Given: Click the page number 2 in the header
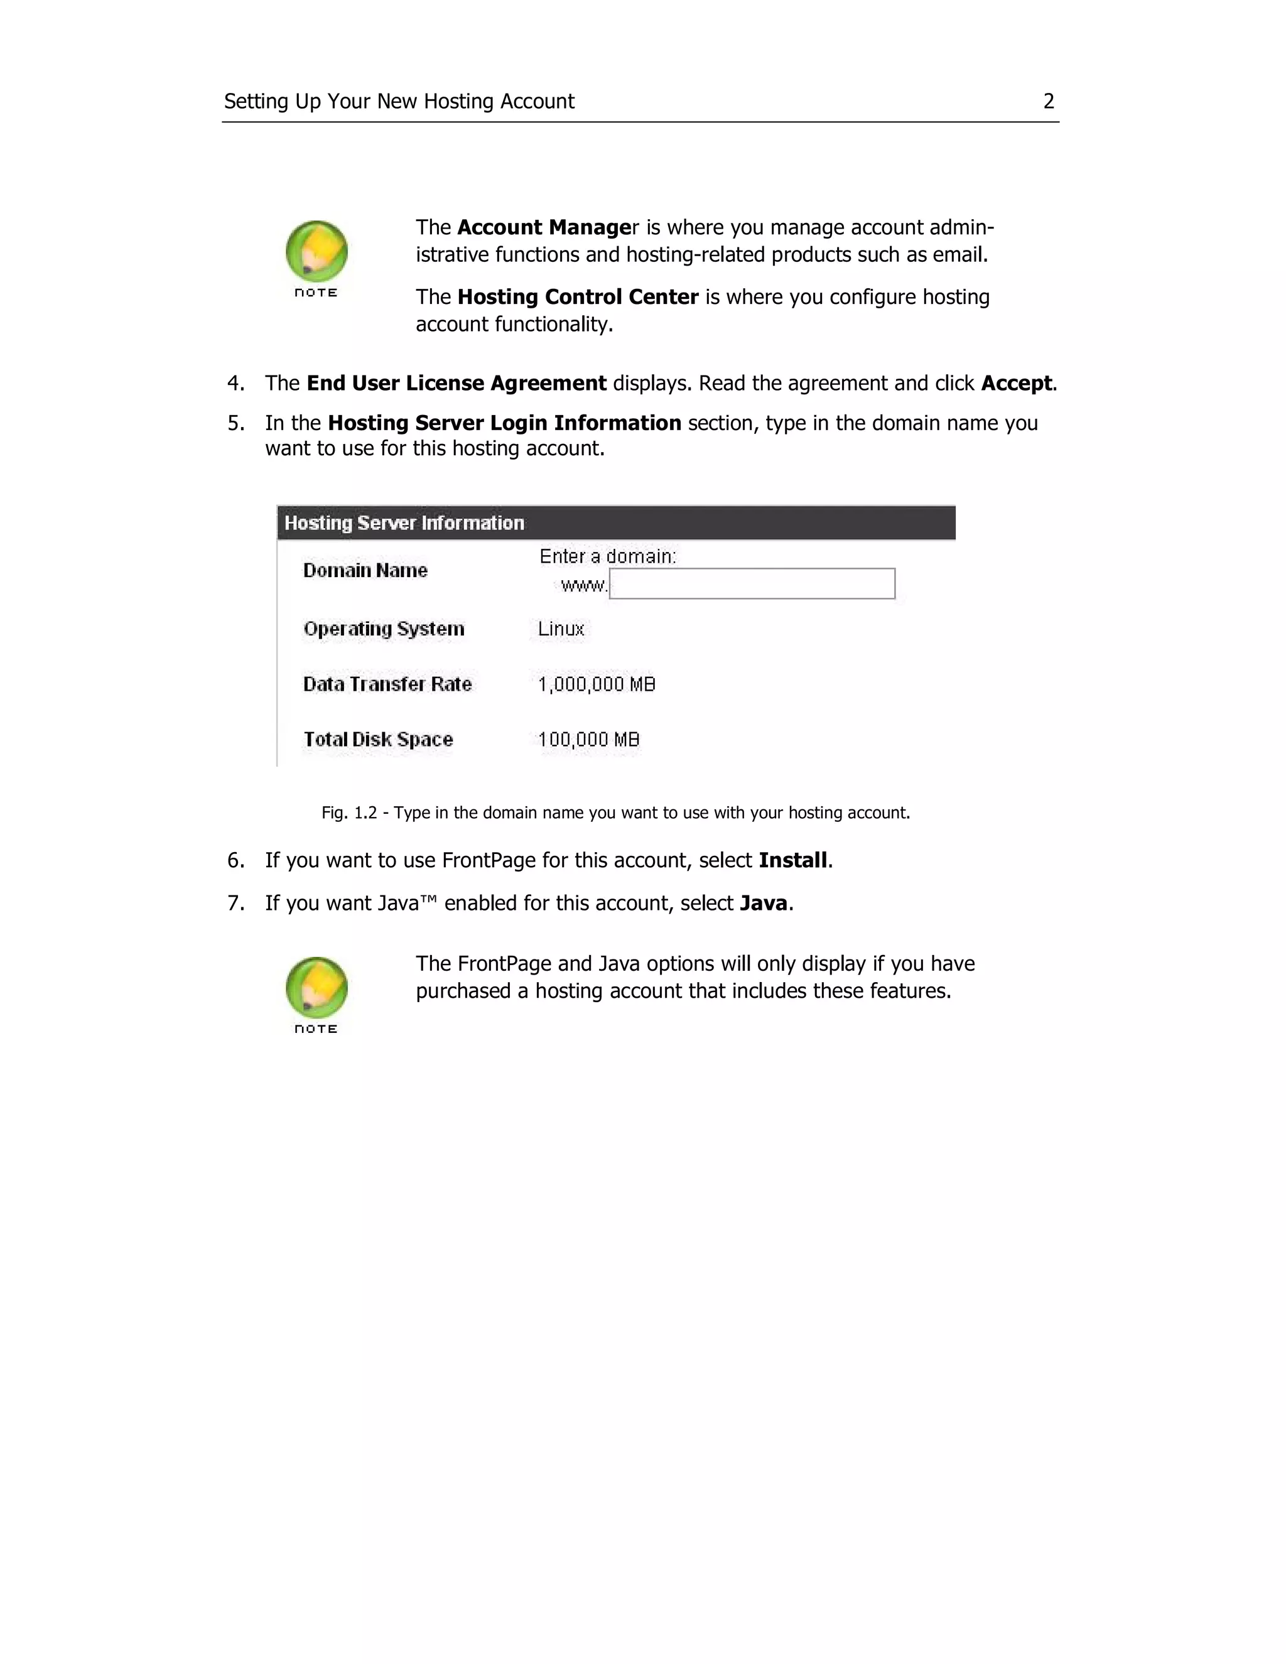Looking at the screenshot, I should (x=1048, y=101).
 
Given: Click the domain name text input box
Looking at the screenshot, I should (x=751, y=583).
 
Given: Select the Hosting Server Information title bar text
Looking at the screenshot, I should (x=404, y=522).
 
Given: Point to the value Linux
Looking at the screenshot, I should (x=561, y=629).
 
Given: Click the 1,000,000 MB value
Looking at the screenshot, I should (x=597, y=684).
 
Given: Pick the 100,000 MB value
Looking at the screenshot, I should (x=588, y=739).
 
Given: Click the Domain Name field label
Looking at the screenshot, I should (x=365, y=571).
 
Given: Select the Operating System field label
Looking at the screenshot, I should (x=383, y=629).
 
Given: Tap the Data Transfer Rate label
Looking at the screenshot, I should (x=387, y=684).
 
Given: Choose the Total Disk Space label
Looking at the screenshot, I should (x=378, y=739).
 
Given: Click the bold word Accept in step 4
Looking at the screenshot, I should (x=1015, y=383).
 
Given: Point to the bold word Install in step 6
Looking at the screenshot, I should (x=792, y=860).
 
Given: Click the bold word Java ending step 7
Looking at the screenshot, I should (x=764, y=903).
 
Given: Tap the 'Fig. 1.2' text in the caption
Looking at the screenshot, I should (x=349, y=813).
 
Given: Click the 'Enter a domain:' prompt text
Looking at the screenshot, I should (x=607, y=556).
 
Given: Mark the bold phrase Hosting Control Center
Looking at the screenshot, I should (x=578, y=297).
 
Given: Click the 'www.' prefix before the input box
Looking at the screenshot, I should (x=583, y=585).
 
